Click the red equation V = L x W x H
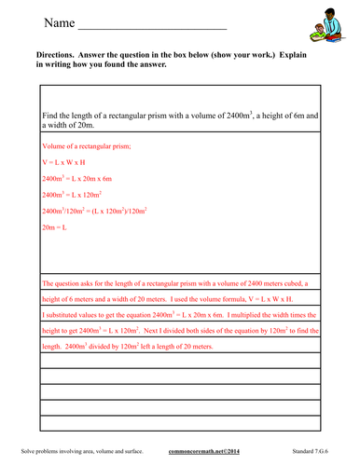pyautogui.click(x=65, y=161)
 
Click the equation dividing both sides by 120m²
pyautogui.click(x=95, y=211)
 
